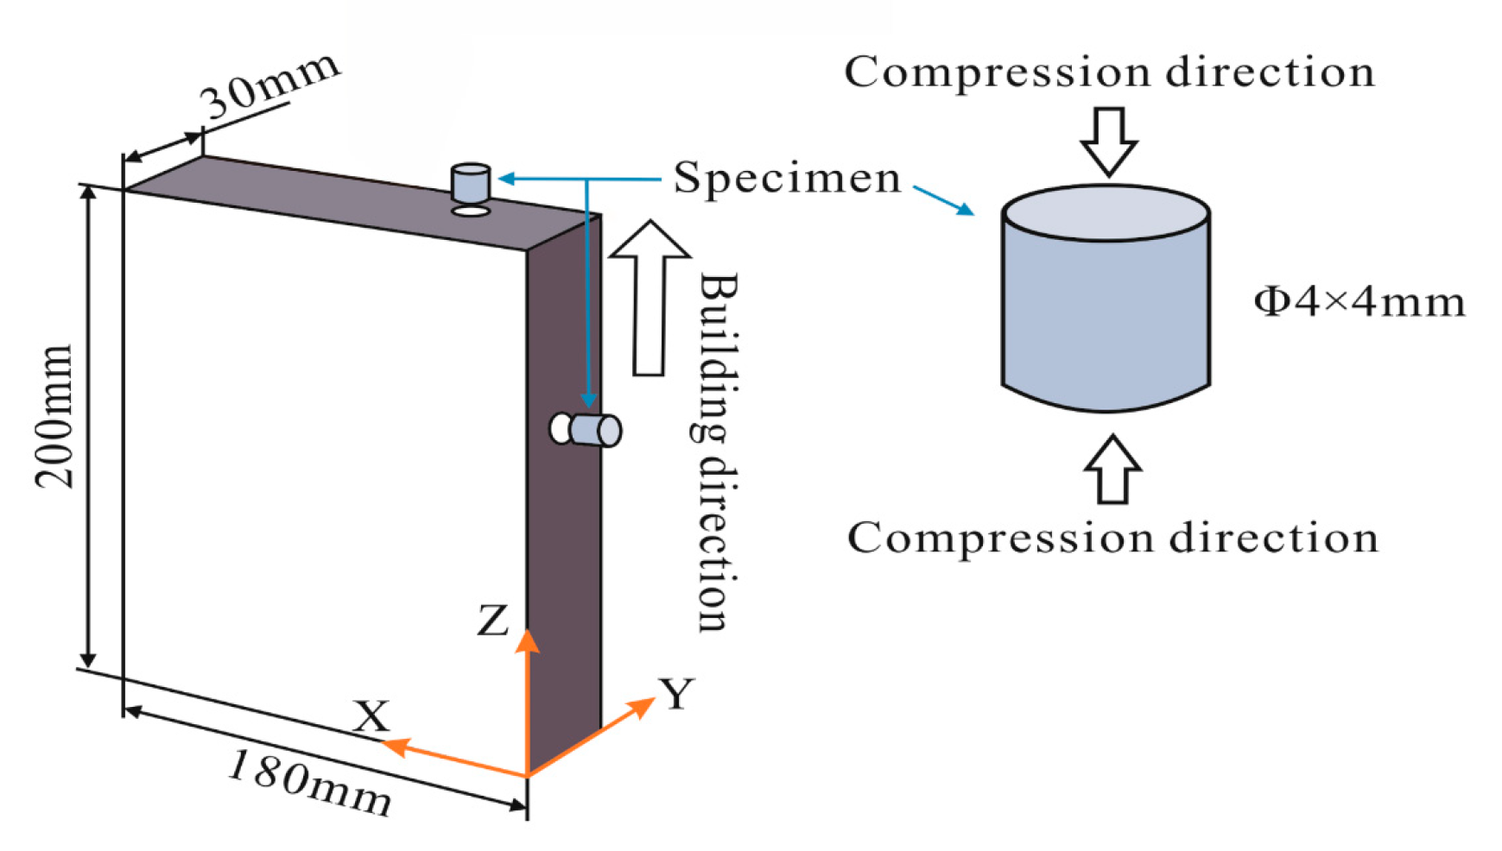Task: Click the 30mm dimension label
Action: tap(269, 86)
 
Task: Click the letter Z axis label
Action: tap(492, 620)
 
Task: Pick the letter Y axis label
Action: tap(677, 694)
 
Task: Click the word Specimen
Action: tap(787, 179)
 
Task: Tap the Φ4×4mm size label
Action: tap(1359, 302)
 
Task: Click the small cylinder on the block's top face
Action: tap(471, 182)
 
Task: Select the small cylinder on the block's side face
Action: tap(594, 430)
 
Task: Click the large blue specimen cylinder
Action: tap(1106, 302)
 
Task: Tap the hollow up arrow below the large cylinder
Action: tap(1112, 470)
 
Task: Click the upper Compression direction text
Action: tap(1109, 72)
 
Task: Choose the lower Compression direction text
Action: tap(1112, 538)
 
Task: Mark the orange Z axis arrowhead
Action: tap(528, 641)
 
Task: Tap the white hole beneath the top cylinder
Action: tap(471, 210)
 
